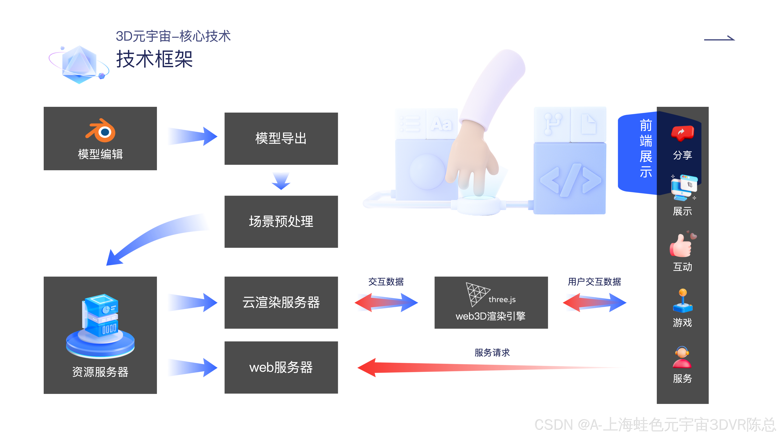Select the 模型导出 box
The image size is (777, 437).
click(x=281, y=138)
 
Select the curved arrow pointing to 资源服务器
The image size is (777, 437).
click(x=151, y=238)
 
